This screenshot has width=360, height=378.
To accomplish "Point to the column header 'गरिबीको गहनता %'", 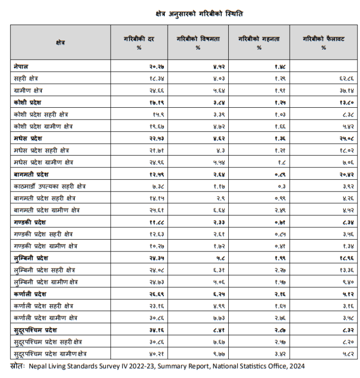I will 259,43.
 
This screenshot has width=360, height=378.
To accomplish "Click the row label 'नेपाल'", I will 22,66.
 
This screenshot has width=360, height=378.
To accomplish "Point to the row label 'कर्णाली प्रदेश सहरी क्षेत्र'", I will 45,306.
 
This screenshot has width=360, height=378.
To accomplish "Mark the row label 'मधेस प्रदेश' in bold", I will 29,138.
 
